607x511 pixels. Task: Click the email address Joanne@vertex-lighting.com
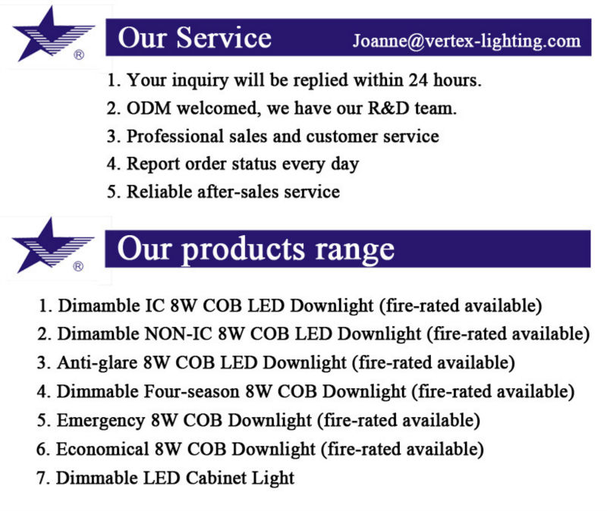[467, 41]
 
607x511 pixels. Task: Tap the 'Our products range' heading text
[256, 249]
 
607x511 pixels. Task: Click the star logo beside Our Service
[53, 34]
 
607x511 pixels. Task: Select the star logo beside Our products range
[53, 245]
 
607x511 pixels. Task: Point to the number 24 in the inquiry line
[418, 80]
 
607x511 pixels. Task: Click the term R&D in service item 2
[388, 108]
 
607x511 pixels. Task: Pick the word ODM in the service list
[149, 108]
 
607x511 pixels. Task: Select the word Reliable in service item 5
[159, 192]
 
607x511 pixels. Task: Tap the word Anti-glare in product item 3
[97, 363]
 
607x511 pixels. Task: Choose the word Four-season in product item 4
[192, 391]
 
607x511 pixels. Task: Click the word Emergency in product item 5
[101, 421]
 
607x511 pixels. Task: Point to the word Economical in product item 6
[102, 449]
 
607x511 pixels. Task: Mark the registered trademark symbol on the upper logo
[79, 55]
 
